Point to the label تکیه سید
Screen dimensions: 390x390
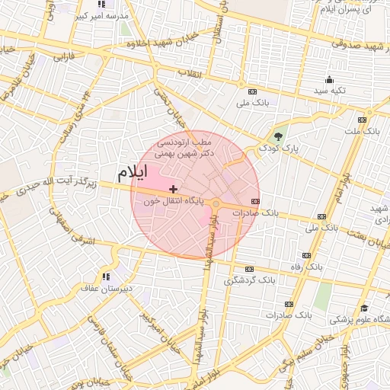pos(330,91)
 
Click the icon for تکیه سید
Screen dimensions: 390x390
pos(329,79)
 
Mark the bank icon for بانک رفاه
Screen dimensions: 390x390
pos(307,255)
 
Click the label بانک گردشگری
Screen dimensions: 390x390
pos(248,281)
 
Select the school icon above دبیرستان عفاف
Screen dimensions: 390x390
pos(105,276)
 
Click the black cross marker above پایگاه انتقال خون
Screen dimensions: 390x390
pos(174,188)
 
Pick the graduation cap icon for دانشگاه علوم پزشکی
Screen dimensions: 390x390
pos(365,308)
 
